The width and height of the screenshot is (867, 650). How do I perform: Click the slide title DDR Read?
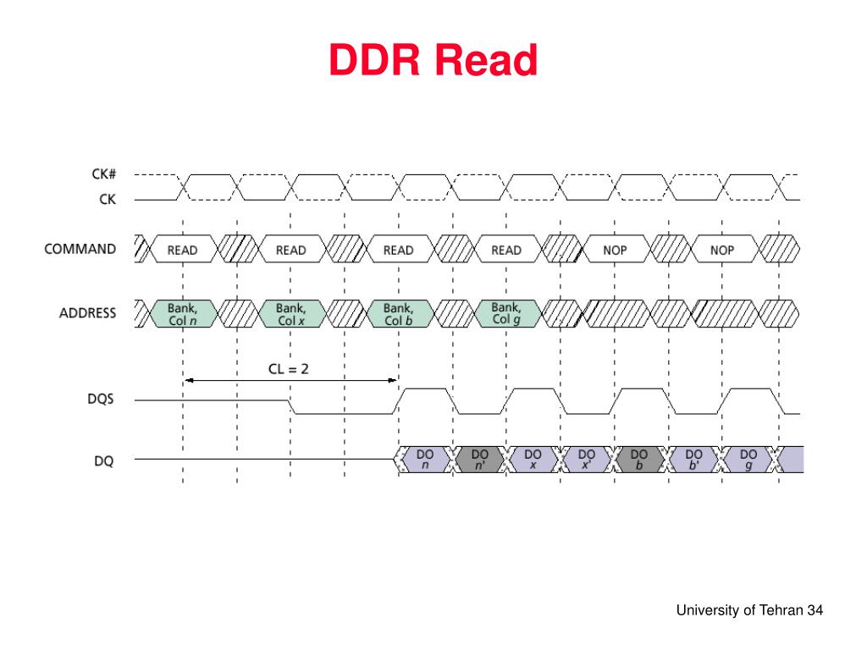tap(433, 61)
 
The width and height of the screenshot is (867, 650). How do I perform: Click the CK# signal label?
tap(103, 174)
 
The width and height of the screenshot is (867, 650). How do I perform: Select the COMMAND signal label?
tap(80, 249)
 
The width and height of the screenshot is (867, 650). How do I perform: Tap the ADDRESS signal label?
tap(87, 313)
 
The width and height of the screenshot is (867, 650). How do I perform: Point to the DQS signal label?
tap(100, 399)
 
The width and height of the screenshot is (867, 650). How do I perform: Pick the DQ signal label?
tap(103, 461)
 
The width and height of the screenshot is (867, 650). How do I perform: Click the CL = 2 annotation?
tap(290, 369)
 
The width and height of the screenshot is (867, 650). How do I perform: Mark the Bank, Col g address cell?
tap(505, 312)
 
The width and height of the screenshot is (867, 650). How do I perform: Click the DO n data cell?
tap(426, 460)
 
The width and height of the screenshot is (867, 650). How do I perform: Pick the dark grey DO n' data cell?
tap(479, 460)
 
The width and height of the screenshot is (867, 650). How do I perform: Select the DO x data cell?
tap(533, 460)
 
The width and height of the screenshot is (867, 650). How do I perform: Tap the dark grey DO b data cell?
tap(639, 460)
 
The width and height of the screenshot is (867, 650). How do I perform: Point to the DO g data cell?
tap(748, 460)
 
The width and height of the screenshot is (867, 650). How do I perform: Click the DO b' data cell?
tap(693, 460)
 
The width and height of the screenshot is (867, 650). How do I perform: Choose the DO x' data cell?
tap(586, 460)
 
